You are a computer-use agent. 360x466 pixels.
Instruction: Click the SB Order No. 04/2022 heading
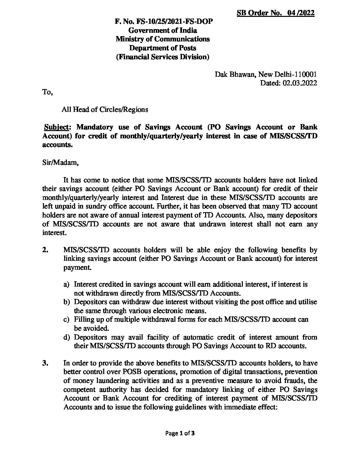tap(276, 13)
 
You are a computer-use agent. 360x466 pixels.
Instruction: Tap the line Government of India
tap(162, 30)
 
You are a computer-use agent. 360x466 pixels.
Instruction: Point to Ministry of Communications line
tap(162, 39)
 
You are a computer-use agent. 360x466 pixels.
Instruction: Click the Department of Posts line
tap(162, 48)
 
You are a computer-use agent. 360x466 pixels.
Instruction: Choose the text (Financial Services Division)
tap(162, 57)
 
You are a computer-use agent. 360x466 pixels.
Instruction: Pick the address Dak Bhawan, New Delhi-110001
tap(266, 74)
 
